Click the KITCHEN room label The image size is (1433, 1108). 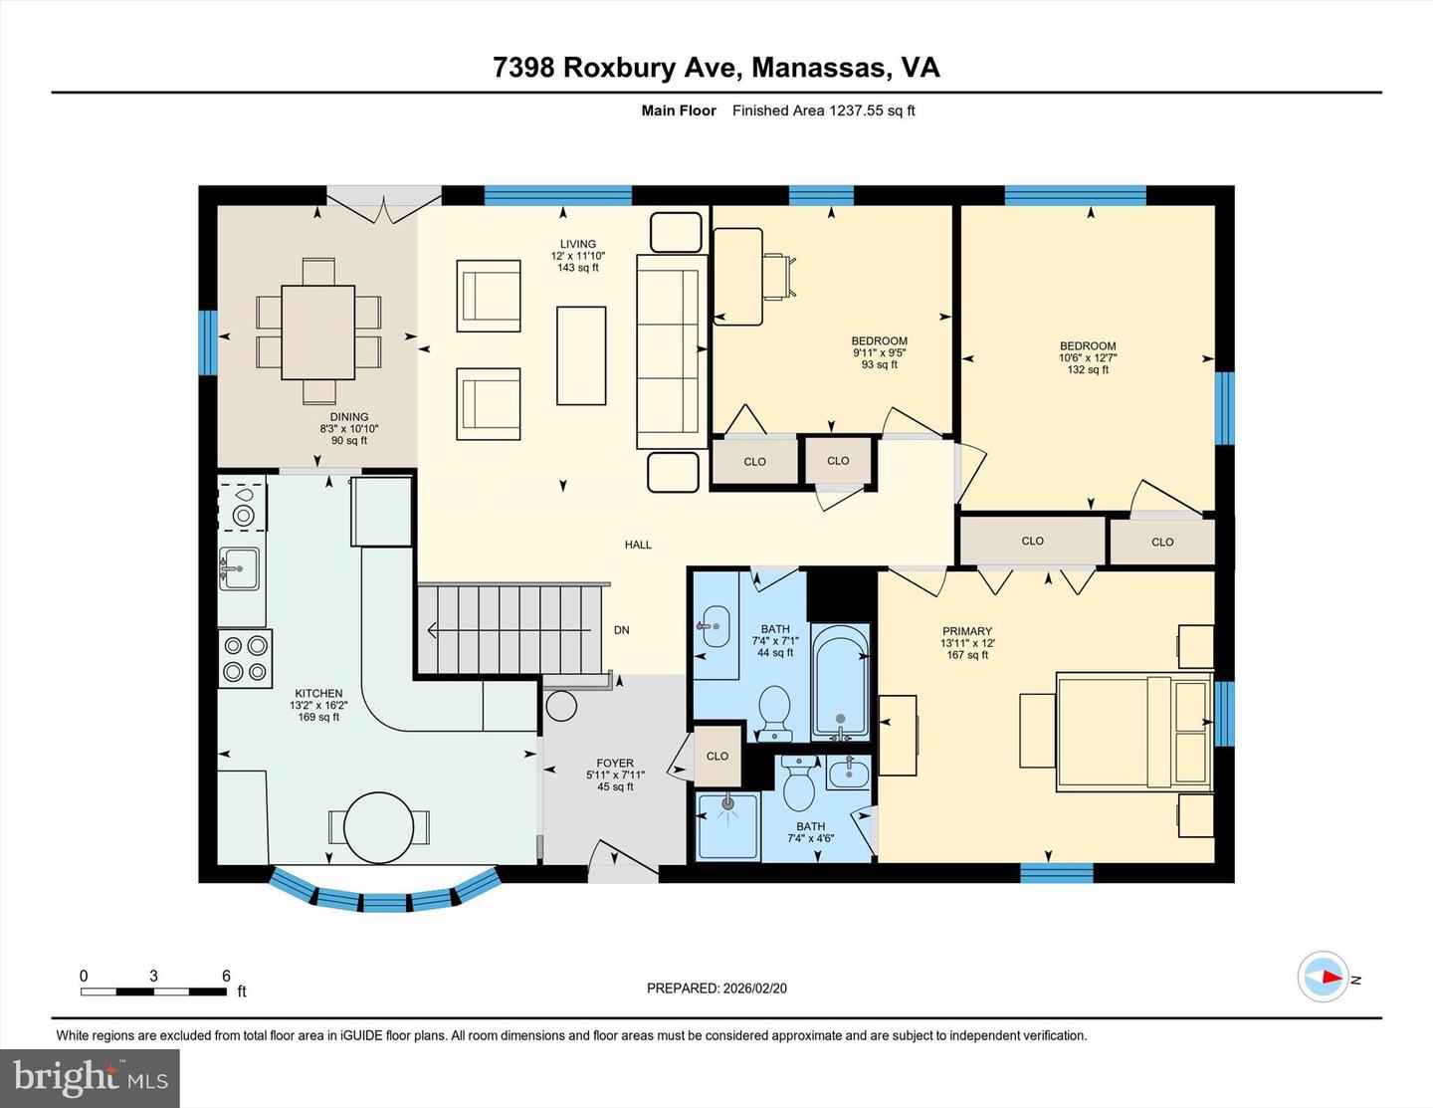[x=318, y=694]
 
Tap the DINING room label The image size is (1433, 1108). [x=349, y=417]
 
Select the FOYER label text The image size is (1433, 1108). [x=615, y=764]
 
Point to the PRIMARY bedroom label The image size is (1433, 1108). [x=967, y=631]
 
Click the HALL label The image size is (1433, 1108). [x=638, y=545]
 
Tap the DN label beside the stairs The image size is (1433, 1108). [x=621, y=630]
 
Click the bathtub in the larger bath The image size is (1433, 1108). [x=841, y=682]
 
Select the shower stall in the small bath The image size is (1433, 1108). [x=727, y=825]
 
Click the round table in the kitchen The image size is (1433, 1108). [x=379, y=827]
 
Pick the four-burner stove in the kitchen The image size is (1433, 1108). [x=245, y=658]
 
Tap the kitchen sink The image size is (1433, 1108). [x=239, y=568]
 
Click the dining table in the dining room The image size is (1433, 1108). [x=317, y=332]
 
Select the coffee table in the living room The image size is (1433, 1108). [x=581, y=355]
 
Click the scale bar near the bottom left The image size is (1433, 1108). [x=153, y=991]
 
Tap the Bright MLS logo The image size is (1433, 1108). [x=90, y=1078]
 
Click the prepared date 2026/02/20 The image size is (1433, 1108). [x=753, y=989]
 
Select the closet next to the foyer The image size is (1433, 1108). [x=717, y=756]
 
